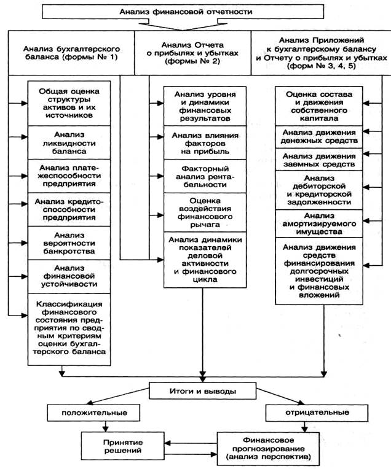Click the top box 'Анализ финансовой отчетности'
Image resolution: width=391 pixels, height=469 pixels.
coord(195,12)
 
